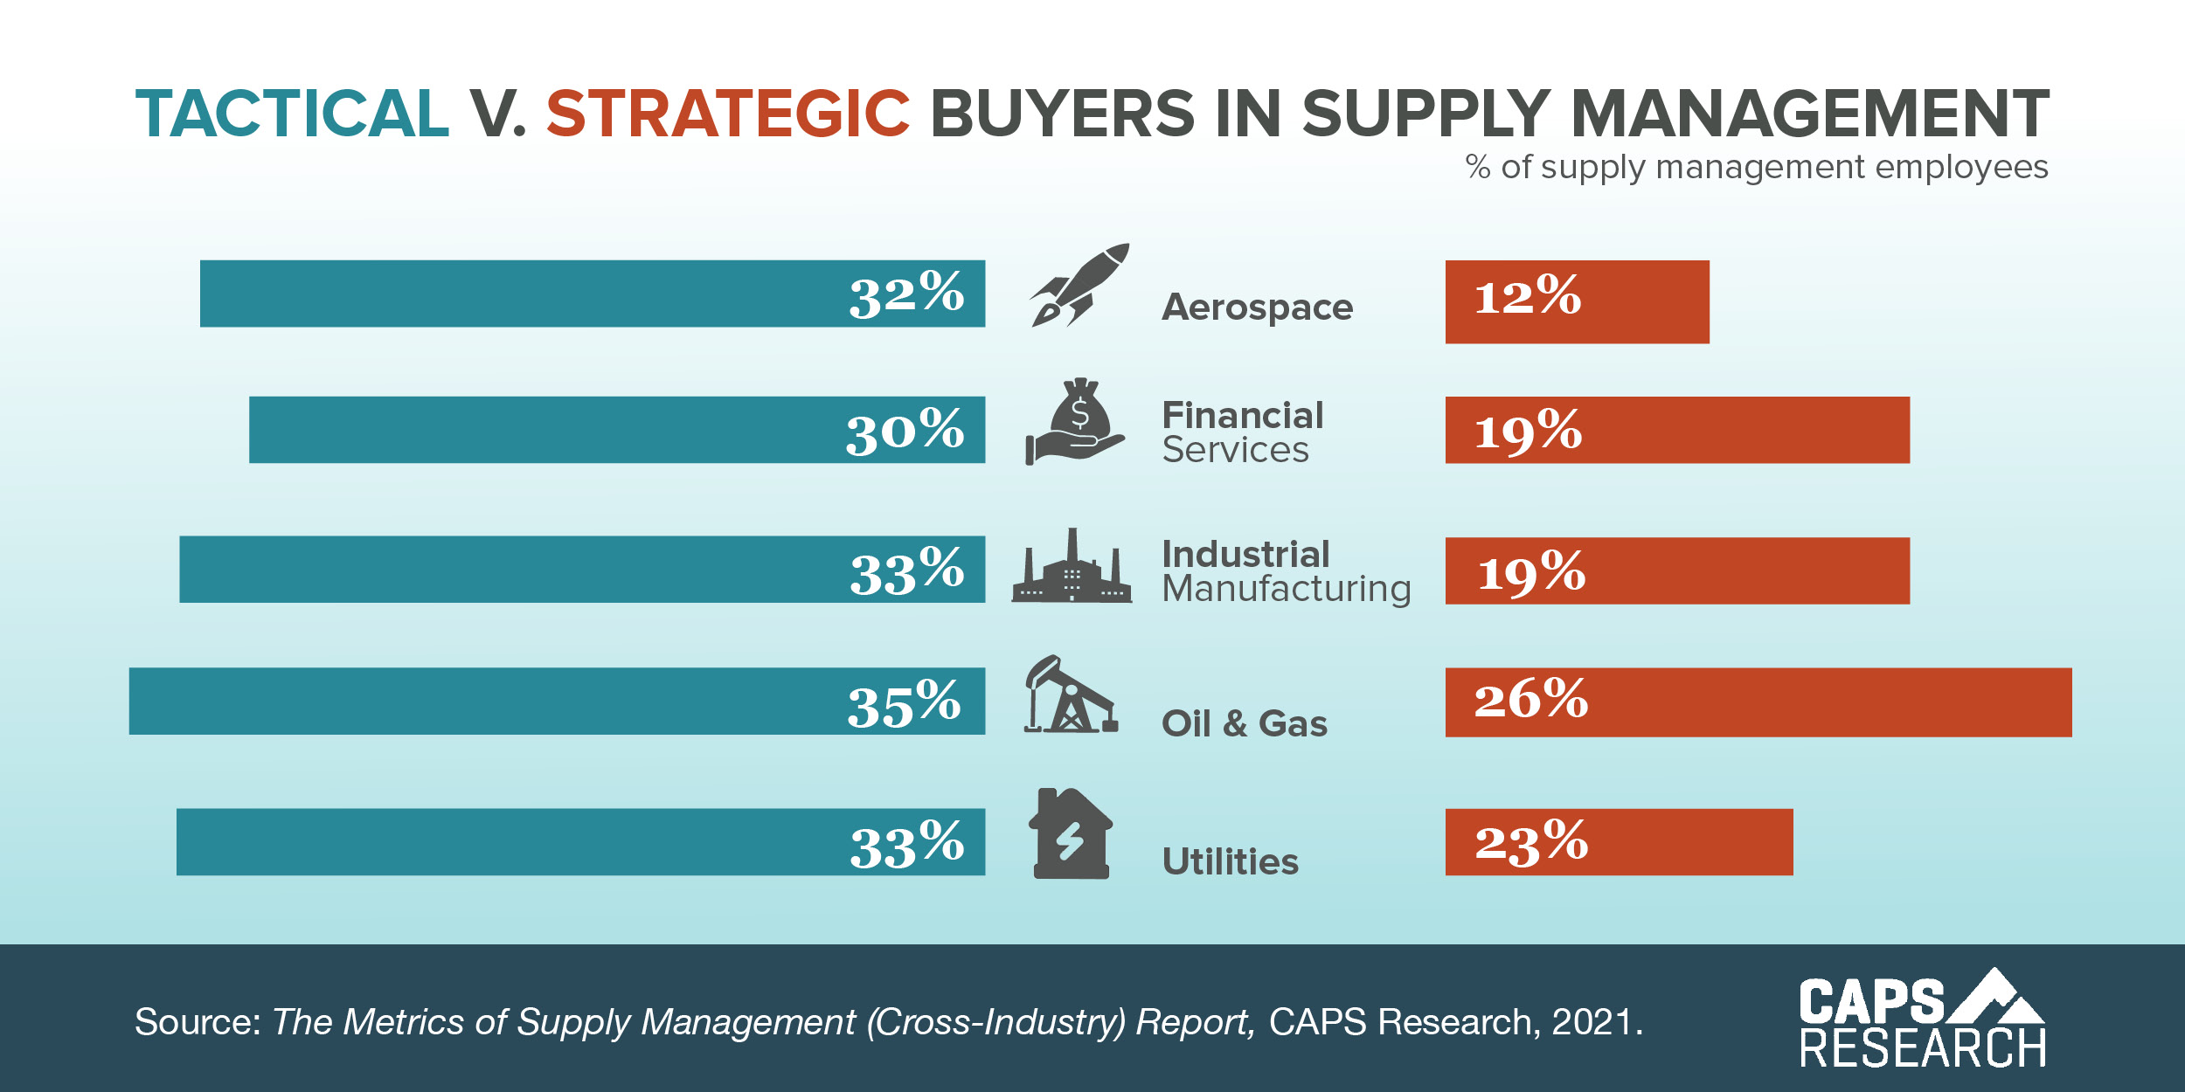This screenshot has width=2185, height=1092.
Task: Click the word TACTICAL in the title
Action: [292, 114]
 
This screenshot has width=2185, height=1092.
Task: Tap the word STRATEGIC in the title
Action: [728, 114]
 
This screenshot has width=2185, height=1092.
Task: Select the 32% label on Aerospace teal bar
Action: [906, 294]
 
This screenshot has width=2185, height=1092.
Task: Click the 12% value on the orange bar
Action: [1527, 296]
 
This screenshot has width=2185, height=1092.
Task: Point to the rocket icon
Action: [1079, 286]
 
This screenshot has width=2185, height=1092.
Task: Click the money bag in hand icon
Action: [1075, 423]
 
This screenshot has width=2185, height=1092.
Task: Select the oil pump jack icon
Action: [1070, 696]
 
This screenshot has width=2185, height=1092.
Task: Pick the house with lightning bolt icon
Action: [1071, 835]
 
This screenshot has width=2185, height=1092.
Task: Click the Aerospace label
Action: [1257, 308]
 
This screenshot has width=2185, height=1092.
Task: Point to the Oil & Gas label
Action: [1244, 724]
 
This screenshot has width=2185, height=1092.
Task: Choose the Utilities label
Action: [1230, 862]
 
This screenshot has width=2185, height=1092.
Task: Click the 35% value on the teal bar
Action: [904, 704]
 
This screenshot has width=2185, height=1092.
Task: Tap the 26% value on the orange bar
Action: [1530, 701]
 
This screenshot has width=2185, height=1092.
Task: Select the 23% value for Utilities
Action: [1531, 843]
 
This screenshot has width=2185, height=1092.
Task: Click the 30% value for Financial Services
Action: [905, 432]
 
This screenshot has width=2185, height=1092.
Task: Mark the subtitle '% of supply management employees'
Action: [1756, 167]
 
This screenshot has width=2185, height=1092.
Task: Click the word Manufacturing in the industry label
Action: [1286, 589]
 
